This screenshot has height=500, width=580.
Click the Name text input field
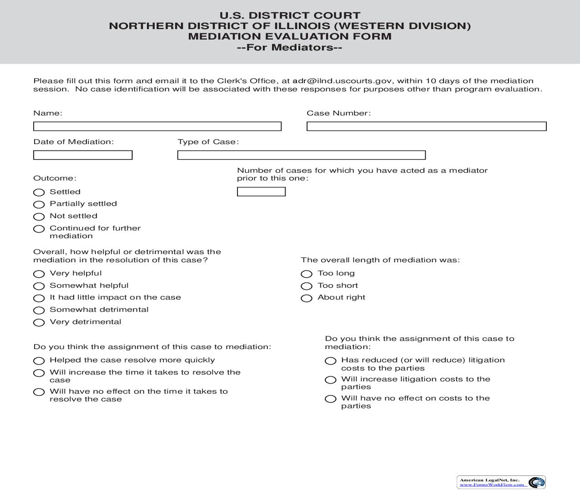[157, 126]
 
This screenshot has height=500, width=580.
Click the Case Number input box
[426, 126]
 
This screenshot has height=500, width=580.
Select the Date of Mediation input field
[83, 155]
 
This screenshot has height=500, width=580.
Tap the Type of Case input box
[301, 155]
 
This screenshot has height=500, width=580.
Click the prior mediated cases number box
[261, 192]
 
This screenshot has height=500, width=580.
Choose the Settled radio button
[39, 193]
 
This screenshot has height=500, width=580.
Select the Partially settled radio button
[39, 205]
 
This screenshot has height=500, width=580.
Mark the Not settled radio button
[39, 217]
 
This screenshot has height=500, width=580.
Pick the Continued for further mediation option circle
[39, 229]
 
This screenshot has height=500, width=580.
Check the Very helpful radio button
[39, 274]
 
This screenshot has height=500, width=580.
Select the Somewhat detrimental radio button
[39, 310]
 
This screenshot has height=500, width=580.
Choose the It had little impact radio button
[39, 298]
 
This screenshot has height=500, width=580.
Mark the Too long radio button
[307, 274]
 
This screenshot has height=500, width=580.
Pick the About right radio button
[307, 298]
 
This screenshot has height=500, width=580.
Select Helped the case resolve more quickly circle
[39, 361]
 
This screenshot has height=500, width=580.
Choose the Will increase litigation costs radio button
[331, 380]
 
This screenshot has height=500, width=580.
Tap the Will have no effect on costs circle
[331, 399]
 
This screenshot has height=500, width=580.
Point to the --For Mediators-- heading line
[290, 47]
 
